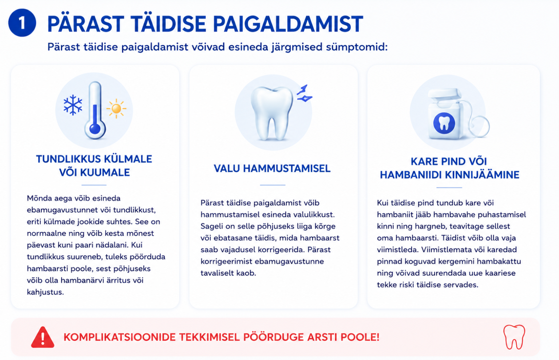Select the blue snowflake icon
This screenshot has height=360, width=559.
click(73, 105)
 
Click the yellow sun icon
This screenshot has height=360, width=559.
click(116, 108)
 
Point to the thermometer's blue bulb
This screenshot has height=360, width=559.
click(95, 129)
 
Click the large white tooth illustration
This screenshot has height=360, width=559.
click(272, 113)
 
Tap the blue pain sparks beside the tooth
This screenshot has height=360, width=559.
click(304, 94)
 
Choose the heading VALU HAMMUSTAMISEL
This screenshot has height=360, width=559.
click(272, 169)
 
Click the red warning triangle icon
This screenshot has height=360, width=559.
click(43, 337)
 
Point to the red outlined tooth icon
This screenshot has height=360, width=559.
click(514, 337)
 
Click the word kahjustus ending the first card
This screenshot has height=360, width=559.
click(45, 292)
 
